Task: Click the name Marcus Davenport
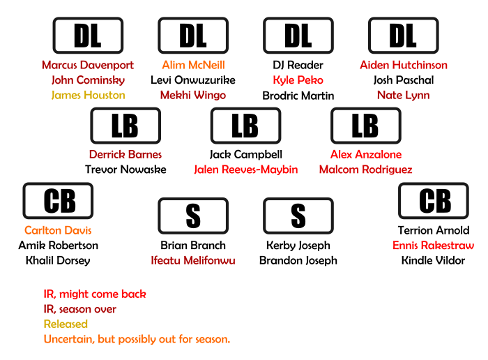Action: click(x=88, y=65)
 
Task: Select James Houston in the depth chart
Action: click(x=88, y=95)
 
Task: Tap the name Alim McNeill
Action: click(x=193, y=65)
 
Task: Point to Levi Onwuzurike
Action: click(x=193, y=80)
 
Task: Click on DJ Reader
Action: click(x=298, y=65)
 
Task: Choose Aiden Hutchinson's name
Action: click(x=404, y=65)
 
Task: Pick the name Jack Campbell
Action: click(x=245, y=154)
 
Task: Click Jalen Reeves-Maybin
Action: click(x=245, y=170)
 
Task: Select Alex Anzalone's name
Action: click(x=366, y=154)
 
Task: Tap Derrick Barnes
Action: click(x=125, y=154)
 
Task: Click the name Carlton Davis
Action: click(x=58, y=230)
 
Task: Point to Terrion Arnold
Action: click(x=434, y=230)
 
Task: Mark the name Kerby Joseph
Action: click(x=298, y=246)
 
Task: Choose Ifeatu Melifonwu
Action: click(x=193, y=261)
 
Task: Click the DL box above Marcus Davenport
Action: click(x=88, y=35)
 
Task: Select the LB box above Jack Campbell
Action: click(x=245, y=126)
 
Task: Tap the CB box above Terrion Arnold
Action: click(x=434, y=201)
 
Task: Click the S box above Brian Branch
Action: click(x=193, y=216)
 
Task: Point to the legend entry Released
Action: click(x=66, y=324)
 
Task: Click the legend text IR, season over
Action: click(x=80, y=309)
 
